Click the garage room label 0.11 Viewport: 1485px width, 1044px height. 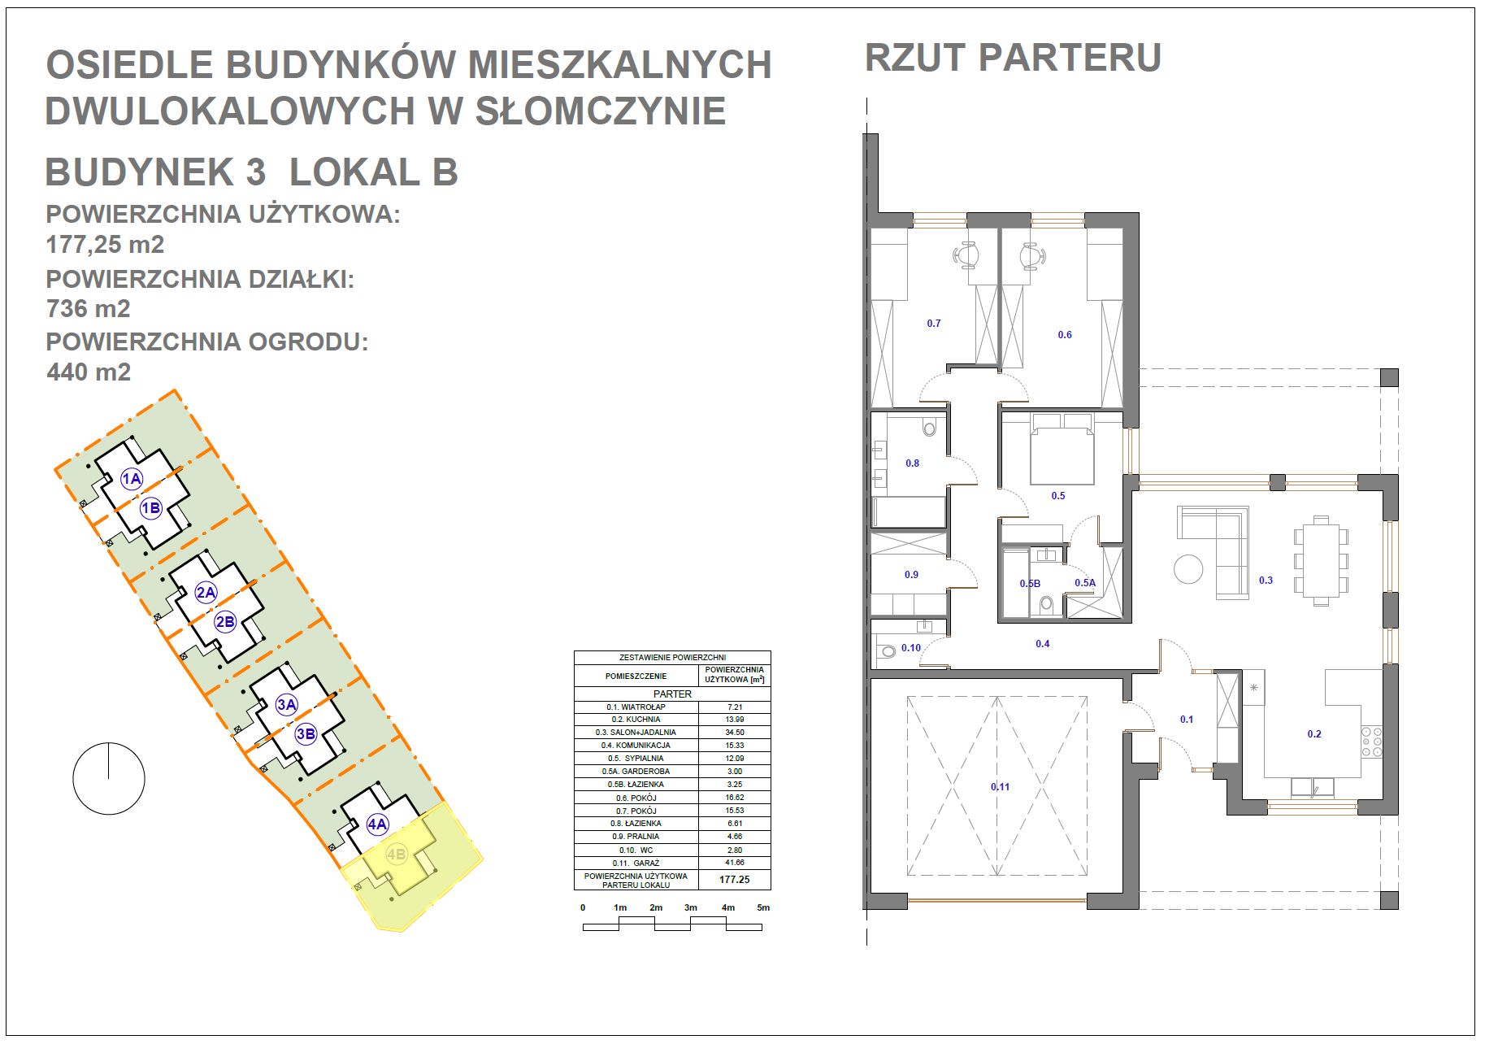pyautogui.click(x=1000, y=786)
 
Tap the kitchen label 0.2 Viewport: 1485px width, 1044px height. pyautogui.click(x=1314, y=733)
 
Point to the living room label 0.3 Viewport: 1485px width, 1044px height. pyautogui.click(x=1266, y=580)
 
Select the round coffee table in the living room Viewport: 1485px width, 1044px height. pyautogui.click(x=1188, y=568)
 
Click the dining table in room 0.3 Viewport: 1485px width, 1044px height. pyautogui.click(x=1321, y=561)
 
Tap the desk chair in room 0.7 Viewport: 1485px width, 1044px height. pyautogui.click(x=967, y=255)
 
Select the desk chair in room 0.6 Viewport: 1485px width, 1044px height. pyautogui.click(x=1031, y=255)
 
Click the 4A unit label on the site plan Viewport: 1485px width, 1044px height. pyautogui.click(x=377, y=824)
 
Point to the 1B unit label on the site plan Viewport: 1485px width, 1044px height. pyautogui.click(x=150, y=508)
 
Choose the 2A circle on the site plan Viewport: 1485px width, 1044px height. pyautogui.click(x=206, y=592)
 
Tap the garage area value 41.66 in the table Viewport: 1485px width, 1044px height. pyautogui.click(x=735, y=862)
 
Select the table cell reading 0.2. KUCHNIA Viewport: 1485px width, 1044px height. pyautogui.click(x=636, y=720)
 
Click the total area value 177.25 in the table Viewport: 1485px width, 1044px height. pyautogui.click(x=735, y=880)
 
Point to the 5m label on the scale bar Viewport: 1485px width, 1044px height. pyautogui.click(x=762, y=907)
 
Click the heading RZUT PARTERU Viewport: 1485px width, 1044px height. pyautogui.click(x=1013, y=58)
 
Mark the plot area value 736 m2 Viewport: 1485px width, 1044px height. pyautogui.click(x=89, y=309)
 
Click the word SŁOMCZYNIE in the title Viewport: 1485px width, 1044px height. pyautogui.click(x=600, y=111)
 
